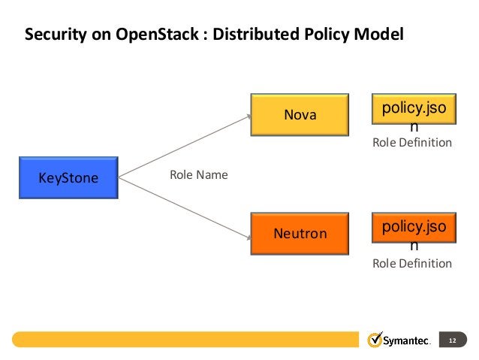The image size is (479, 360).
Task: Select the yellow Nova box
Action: pos(300,115)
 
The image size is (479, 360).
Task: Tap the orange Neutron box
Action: pos(300,233)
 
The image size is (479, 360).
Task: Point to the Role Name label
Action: pos(198,175)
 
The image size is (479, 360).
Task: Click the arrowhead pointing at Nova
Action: pos(247,116)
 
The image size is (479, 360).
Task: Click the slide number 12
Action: pos(452,341)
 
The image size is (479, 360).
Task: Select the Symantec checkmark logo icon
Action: pos(375,340)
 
